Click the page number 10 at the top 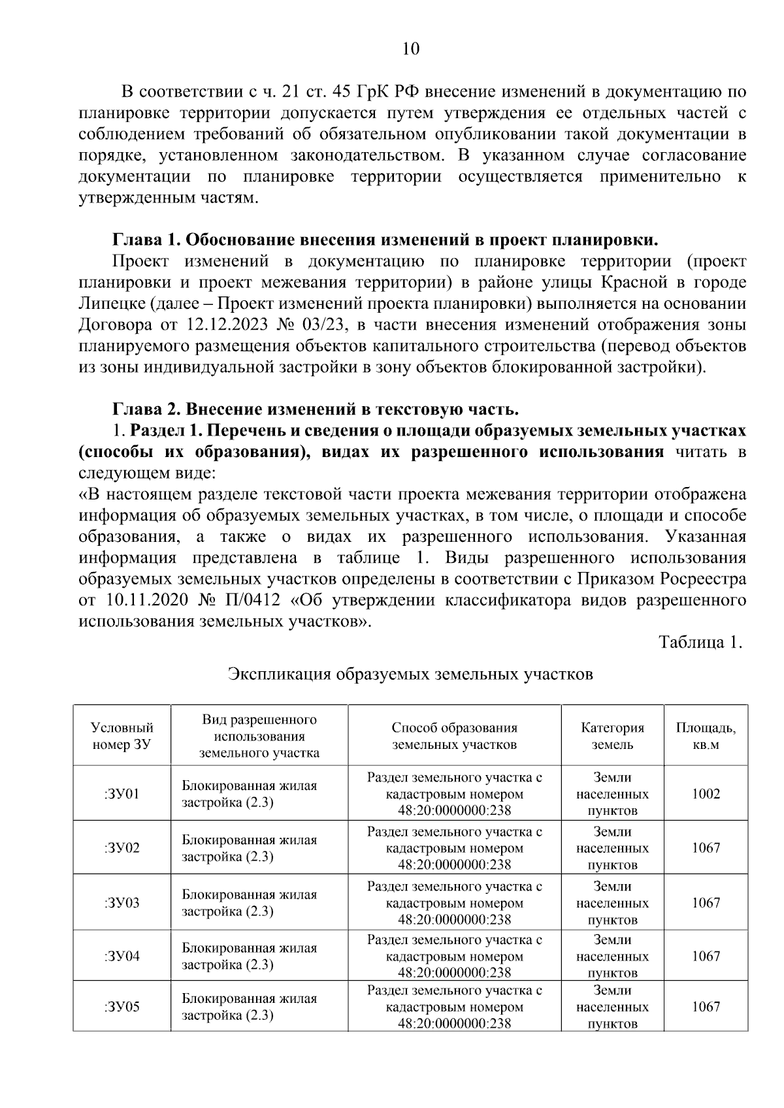(411, 50)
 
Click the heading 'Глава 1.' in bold (146, 240)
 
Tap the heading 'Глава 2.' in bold (146, 409)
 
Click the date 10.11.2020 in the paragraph (148, 600)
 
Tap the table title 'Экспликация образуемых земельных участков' (410, 674)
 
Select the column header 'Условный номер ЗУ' (122, 735)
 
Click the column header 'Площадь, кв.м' (706, 735)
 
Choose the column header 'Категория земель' (612, 735)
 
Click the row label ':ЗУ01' (122, 794)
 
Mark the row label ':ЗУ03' (122, 903)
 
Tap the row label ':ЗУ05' (122, 1006)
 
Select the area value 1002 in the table (706, 794)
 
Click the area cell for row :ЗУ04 (706, 956)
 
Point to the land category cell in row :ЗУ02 (612, 848)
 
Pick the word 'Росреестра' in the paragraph (703, 579)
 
